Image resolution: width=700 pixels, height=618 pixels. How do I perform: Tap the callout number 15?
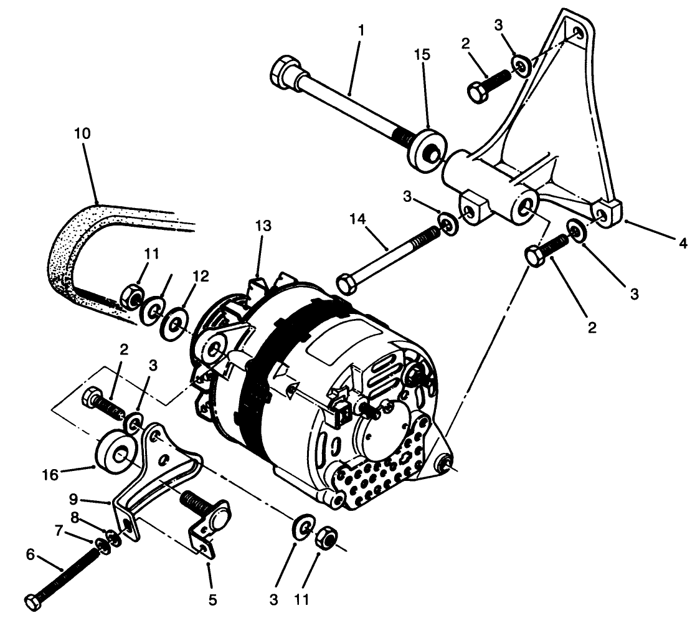pyautogui.click(x=422, y=55)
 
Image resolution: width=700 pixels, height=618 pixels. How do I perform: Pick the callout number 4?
pyautogui.click(x=683, y=244)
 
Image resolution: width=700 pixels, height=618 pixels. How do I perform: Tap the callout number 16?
pyautogui.click(x=51, y=475)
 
